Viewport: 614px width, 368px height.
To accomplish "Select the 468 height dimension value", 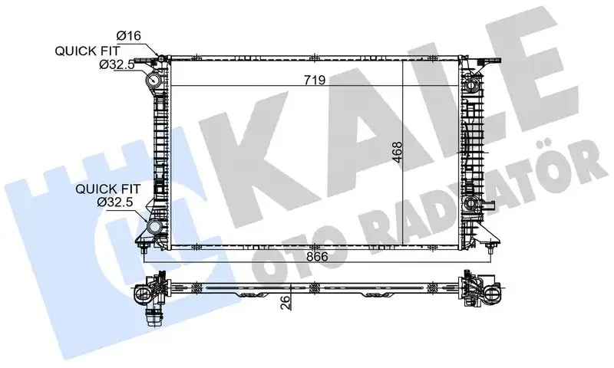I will pyautogui.click(x=397, y=158).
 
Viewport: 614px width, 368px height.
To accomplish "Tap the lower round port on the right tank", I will pyautogui.click(x=470, y=202).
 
